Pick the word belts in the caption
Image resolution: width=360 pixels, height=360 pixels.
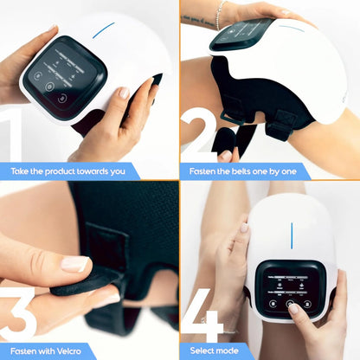(x=252, y=170)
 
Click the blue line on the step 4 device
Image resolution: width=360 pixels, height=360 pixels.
(x=292, y=233)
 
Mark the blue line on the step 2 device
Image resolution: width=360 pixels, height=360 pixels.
(x=292, y=28)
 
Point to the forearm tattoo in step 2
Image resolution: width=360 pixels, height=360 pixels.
(x=196, y=18)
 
